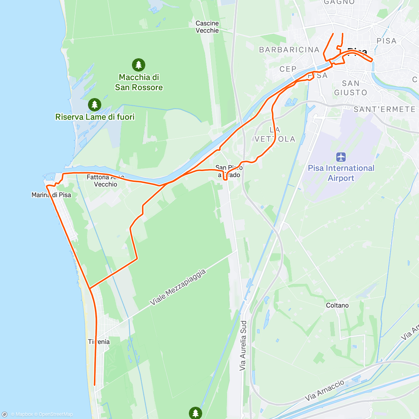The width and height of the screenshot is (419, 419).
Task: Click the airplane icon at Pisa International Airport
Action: [x=341, y=157]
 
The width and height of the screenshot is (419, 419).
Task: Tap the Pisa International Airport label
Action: [x=341, y=173]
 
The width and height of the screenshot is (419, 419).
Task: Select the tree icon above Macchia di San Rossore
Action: [x=139, y=65]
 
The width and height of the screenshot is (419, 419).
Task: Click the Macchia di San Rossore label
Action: [x=139, y=82]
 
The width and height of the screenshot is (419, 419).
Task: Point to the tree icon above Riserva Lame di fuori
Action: [x=94, y=104]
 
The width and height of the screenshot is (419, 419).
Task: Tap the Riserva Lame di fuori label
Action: [x=95, y=117]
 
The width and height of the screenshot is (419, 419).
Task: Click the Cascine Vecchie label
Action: [x=207, y=27]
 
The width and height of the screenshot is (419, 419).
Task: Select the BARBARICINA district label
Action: [x=289, y=50]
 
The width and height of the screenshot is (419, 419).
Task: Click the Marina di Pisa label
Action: [x=51, y=195]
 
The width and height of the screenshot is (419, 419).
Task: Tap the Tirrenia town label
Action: [x=99, y=342]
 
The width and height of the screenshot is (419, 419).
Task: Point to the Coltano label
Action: [x=337, y=305]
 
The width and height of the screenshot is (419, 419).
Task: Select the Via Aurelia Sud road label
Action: [x=243, y=345]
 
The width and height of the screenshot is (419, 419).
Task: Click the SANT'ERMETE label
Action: [x=384, y=109]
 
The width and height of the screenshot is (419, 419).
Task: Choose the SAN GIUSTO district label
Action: [x=351, y=88]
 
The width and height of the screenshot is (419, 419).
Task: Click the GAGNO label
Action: [x=339, y=2]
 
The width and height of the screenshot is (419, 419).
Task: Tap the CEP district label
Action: [x=288, y=69]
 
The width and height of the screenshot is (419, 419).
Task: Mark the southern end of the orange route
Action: [x=95, y=385]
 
